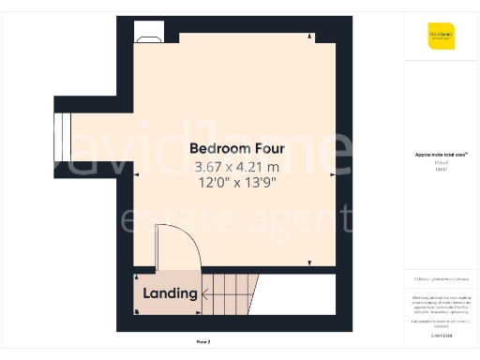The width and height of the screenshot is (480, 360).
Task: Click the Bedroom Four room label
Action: (234, 148)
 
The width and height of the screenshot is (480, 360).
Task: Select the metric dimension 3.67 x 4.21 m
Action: (234, 166)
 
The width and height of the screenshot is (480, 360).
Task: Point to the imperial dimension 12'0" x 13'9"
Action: (234, 183)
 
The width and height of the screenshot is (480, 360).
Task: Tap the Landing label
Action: (170, 293)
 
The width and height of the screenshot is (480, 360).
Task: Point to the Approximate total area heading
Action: (441, 154)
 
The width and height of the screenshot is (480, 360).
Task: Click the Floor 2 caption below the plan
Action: (202, 341)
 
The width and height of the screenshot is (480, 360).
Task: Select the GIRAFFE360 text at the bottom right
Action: (441, 335)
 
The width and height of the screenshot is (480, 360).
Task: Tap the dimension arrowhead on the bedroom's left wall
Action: (137, 174)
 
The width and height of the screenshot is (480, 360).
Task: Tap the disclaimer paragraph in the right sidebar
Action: (441, 305)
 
